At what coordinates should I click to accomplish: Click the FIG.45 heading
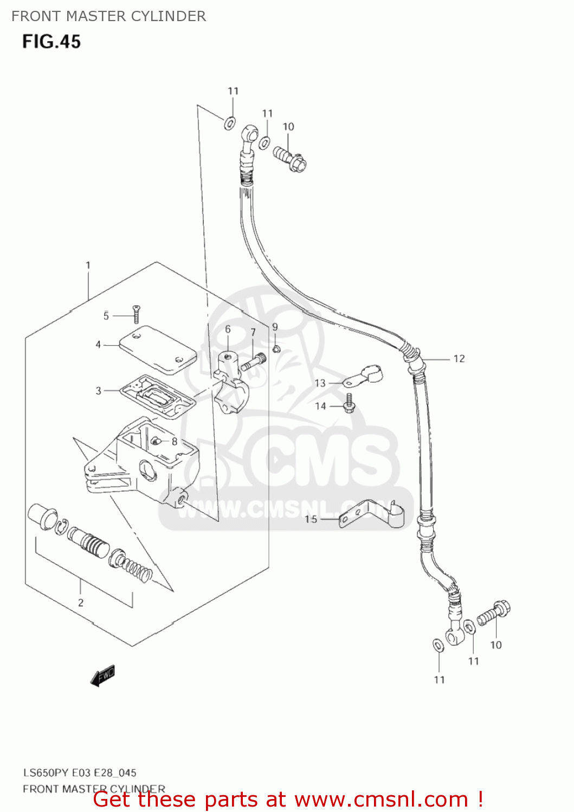[x=51, y=42]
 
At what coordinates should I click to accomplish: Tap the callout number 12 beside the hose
[x=459, y=358]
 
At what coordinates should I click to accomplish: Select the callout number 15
[x=311, y=519]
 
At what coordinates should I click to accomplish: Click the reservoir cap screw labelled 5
[x=136, y=314]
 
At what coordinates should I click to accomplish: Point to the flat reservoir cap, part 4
[x=158, y=349]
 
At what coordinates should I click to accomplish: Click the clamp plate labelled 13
[x=363, y=377]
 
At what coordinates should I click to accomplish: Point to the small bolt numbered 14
[x=350, y=403]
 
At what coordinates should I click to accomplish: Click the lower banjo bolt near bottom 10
[x=493, y=614]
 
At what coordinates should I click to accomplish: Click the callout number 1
[x=88, y=265]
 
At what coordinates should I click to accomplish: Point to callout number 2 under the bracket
[x=81, y=603]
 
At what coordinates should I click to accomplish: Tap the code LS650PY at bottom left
[x=46, y=773]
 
